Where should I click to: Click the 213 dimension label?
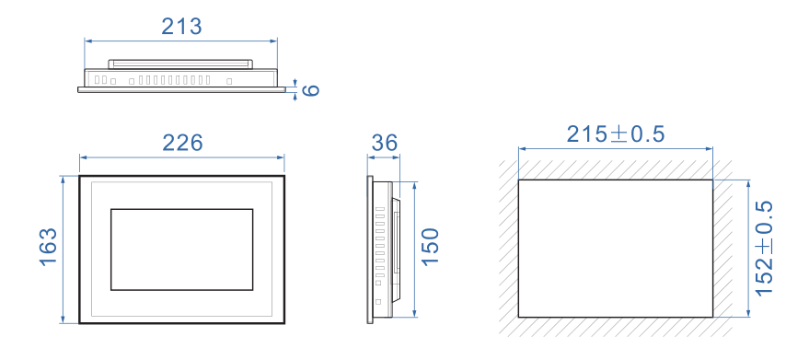[181, 27]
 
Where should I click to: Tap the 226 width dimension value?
[182, 143]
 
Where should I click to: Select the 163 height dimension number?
[49, 247]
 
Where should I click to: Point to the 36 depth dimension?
[384, 143]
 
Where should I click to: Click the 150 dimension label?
[430, 247]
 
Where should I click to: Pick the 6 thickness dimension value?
[310, 90]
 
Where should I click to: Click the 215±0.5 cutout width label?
[616, 134]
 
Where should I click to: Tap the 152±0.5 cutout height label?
[764, 248]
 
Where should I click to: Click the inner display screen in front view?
[181, 250]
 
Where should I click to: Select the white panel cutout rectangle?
[616, 249]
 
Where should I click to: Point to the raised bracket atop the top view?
[180, 64]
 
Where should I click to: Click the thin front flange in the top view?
[181, 90]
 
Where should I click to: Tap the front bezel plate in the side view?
[369, 250]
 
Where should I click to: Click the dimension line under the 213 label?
[181, 41]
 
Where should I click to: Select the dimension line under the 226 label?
[182, 157]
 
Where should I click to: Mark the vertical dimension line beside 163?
[63, 250]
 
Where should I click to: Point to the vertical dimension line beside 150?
[414, 250]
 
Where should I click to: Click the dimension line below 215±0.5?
[616, 149]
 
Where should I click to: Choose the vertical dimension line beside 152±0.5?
[748, 249]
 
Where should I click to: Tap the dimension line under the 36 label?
[384, 157]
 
